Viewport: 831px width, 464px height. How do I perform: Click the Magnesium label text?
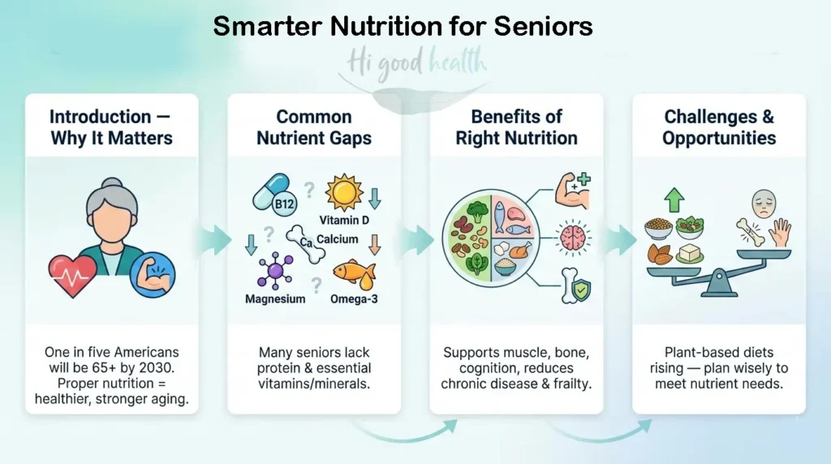click(x=275, y=299)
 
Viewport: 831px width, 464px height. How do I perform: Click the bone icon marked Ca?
click(x=307, y=242)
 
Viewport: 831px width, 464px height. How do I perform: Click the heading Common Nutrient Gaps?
click(x=314, y=127)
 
